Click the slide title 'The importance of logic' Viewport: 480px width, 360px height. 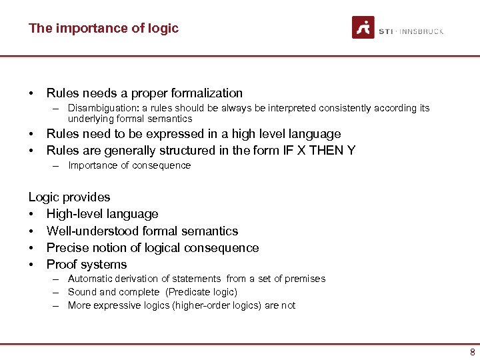103,28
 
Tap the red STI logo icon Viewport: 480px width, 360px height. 363,28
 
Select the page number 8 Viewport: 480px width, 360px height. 472,352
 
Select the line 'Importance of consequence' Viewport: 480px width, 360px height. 129,165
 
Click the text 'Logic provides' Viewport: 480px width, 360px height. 69,197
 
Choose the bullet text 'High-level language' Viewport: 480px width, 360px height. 102,214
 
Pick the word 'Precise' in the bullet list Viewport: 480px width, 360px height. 65,248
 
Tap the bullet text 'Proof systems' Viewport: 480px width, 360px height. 86,265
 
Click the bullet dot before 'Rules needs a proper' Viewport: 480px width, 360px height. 31,93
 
